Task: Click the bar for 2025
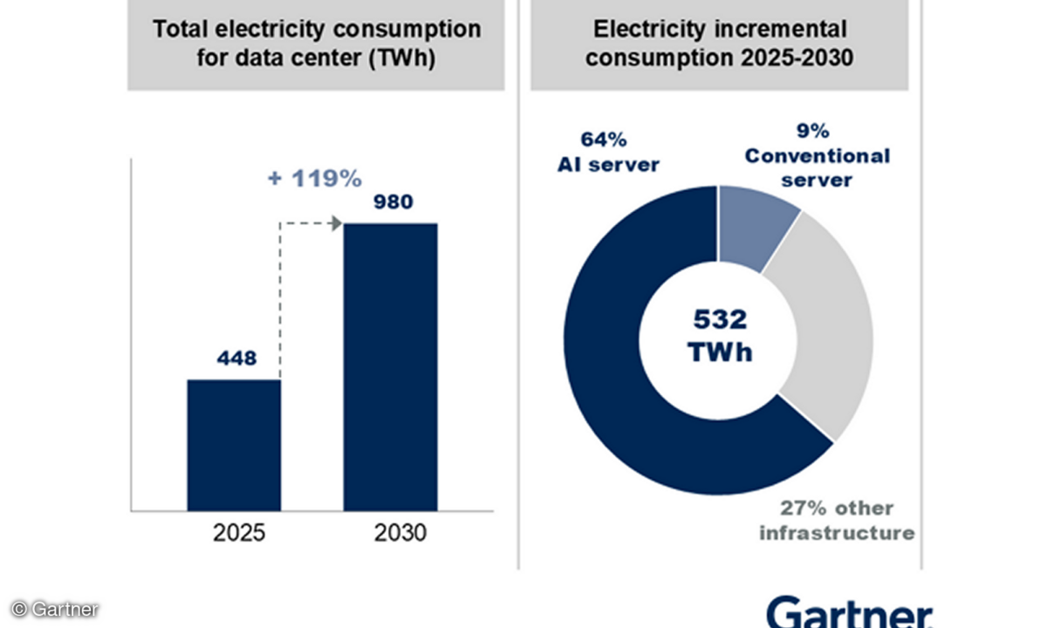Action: [234, 445]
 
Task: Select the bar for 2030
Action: [390, 366]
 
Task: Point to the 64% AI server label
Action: [608, 152]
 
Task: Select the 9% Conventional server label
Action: [817, 157]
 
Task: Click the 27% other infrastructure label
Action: [836, 521]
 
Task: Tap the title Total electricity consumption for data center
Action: [316, 44]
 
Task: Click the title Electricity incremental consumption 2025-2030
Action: [719, 44]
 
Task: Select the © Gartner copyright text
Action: [54, 609]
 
